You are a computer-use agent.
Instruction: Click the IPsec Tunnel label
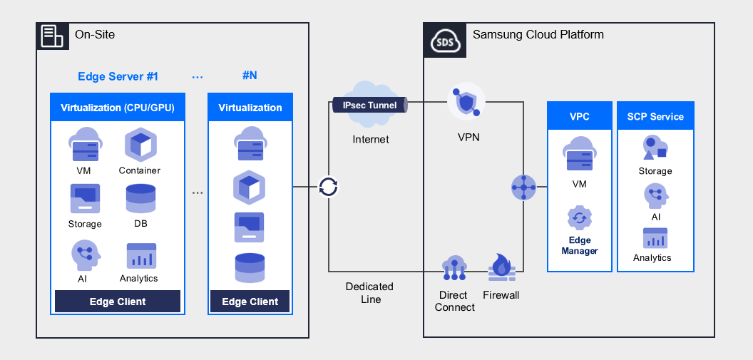click(369, 105)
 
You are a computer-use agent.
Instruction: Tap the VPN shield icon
click(465, 104)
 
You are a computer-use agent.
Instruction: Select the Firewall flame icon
click(502, 267)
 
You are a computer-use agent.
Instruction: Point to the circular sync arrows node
click(328, 187)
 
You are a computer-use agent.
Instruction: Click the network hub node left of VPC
click(523, 187)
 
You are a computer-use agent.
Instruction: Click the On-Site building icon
click(52, 35)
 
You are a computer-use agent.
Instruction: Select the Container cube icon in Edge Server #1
click(140, 145)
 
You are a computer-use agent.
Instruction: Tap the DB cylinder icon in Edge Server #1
click(140, 198)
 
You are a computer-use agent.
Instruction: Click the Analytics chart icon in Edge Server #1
click(140, 256)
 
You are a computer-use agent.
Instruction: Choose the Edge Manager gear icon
click(580, 218)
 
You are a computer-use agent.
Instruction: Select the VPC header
click(580, 116)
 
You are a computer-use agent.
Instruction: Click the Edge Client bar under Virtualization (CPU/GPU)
click(118, 302)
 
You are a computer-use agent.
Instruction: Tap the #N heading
click(250, 76)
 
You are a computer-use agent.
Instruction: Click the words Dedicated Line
click(369, 293)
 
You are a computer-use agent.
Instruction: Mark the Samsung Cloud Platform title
click(538, 34)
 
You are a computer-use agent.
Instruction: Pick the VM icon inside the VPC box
click(579, 156)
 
